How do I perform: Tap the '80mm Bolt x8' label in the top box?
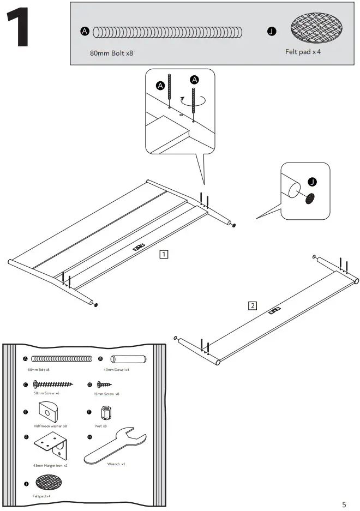(111, 54)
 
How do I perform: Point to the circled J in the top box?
(271, 32)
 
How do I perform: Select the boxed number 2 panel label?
(252, 305)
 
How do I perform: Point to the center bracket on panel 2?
(275, 311)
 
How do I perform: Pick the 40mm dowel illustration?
(129, 359)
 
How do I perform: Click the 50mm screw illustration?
(53, 384)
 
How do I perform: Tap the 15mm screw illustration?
(104, 384)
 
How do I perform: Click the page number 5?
(344, 504)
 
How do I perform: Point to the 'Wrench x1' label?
(116, 464)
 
